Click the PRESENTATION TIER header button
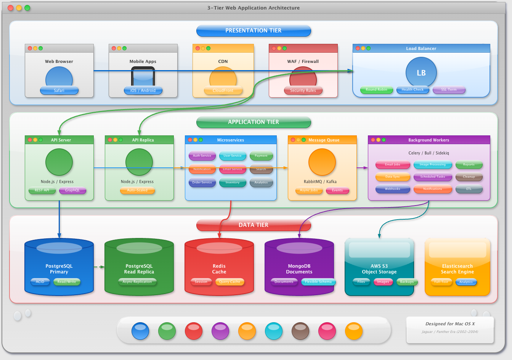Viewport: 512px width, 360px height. (x=254, y=31)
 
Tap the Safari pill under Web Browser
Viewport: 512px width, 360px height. (x=59, y=90)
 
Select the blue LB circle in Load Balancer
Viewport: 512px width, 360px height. (x=421, y=72)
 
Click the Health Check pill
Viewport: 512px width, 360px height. (x=412, y=90)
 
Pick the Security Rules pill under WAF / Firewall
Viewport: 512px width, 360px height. (x=303, y=90)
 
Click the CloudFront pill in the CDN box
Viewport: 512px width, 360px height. (x=223, y=90)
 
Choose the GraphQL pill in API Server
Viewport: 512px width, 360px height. (x=72, y=190)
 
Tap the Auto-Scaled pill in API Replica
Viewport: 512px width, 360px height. (x=137, y=190)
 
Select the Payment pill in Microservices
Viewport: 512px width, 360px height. (x=261, y=156)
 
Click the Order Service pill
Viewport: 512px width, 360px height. (x=202, y=182)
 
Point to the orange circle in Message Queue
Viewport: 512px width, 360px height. (x=322, y=162)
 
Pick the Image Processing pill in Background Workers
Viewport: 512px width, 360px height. (x=433, y=164)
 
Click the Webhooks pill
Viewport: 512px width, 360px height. (x=393, y=189)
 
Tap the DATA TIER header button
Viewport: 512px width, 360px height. (x=254, y=225)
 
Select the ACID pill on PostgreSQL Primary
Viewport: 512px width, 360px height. (x=40, y=282)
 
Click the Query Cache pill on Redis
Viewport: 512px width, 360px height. (x=230, y=282)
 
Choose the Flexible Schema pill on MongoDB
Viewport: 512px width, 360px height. (x=318, y=282)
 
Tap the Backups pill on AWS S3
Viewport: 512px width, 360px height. (x=407, y=282)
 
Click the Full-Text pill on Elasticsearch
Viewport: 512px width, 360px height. (x=441, y=282)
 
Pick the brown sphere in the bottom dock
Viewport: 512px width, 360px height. (x=300, y=331)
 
